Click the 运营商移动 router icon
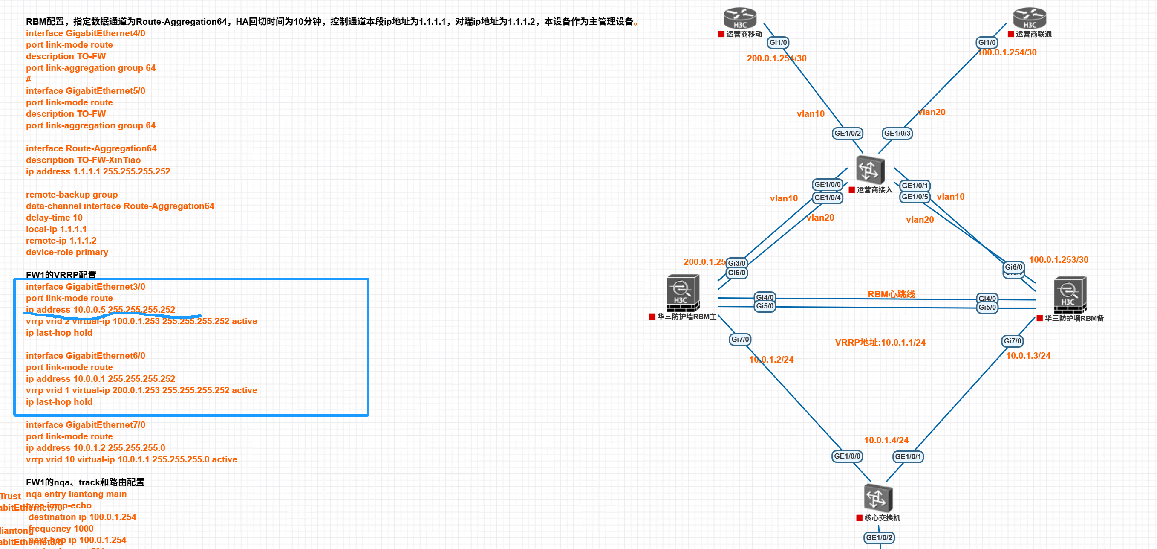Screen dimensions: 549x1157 tap(740, 18)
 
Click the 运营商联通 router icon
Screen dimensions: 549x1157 tap(1030, 18)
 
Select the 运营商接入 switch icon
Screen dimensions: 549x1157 tap(870, 170)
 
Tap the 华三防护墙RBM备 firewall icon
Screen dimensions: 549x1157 tap(1070, 295)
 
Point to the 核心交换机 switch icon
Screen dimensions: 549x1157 tap(878, 498)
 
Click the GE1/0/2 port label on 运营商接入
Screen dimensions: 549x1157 tap(848, 133)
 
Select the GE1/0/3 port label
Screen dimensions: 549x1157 tap(897, 133)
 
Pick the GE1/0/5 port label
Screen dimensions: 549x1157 tap(915, 197)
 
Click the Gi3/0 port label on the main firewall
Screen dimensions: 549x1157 tap(736, 263)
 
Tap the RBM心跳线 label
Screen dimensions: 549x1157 tap(891, 294)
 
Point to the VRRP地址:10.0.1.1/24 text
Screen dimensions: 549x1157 tap(880, 343)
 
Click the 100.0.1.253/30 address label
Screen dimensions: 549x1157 tap(1058, 260)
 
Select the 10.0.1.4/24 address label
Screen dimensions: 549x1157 tap(886, 440)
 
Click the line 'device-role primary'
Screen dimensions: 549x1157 tap(67, 252)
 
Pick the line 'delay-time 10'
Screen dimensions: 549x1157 tap(54, 218)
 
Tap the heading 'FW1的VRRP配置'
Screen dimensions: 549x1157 tap(61, 274)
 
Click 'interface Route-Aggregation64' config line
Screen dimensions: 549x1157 tap(91, 148)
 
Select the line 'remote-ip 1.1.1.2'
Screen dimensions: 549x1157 tap(61, 241)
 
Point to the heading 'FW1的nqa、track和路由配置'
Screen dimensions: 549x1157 tap(85, 482)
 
